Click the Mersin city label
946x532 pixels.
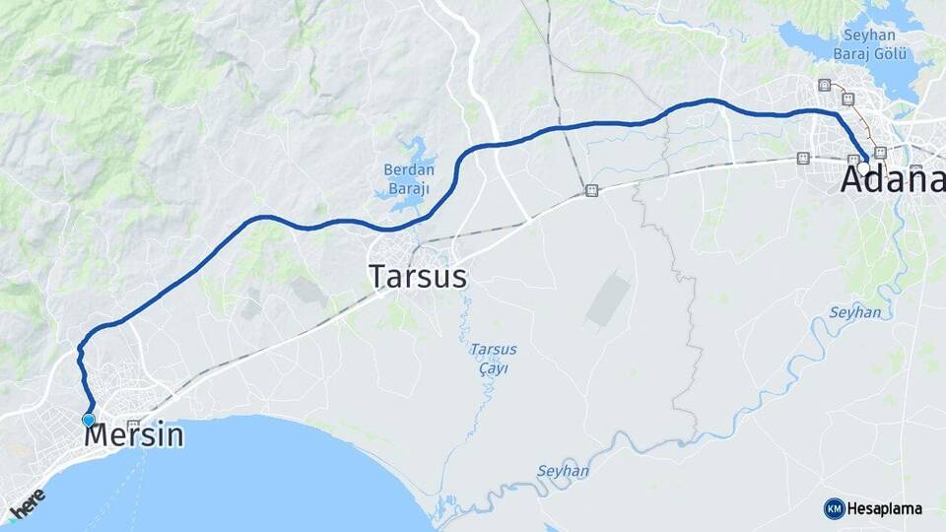pos(135,435)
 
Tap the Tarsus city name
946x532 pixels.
pos(418,277)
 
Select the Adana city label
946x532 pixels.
pos(892,181)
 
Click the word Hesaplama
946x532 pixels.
pos(884,509)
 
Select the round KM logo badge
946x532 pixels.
pos(834,508)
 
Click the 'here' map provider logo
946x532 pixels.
pos(27,503)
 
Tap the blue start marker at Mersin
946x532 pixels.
pos(89,420)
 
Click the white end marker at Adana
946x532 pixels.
pos(863,167)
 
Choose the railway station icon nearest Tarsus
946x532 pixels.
pos(590,190)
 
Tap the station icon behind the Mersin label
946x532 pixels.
pos(133,425)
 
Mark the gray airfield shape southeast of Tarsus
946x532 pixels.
pos(608,300)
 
